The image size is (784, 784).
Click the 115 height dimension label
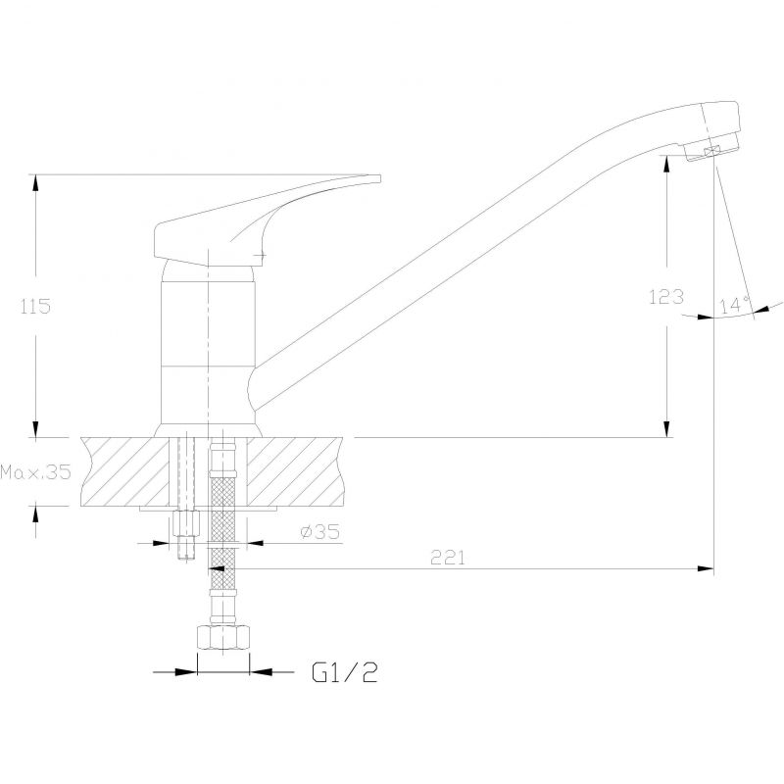(35, 306)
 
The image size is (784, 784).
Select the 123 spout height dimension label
(666, 297)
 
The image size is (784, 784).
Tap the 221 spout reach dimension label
(448, 558)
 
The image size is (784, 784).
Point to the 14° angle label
(735, 304)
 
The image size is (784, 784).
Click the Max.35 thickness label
(35, 471)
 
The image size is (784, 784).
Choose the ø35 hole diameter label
(320, 531)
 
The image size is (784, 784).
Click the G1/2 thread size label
(345, 672)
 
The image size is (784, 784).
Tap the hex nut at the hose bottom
(223, 638)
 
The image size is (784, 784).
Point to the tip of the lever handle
(380, 178)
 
